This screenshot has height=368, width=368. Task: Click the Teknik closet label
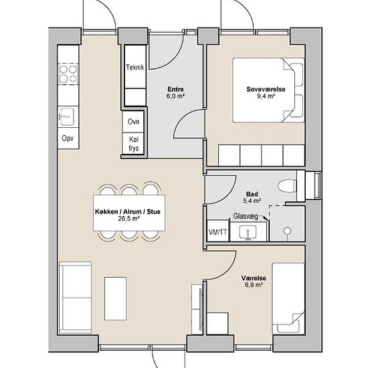click(x=135, y=68)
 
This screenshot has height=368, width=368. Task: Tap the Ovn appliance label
click(x=133, y=122)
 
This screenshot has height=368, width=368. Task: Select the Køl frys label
click(x=134, y=144)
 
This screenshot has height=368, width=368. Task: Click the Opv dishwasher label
click(x=68, y=139)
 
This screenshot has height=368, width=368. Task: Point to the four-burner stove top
click(x=68, y=74)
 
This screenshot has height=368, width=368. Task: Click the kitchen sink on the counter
click(x=67, y=116)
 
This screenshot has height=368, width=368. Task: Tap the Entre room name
click(x=175, y=90)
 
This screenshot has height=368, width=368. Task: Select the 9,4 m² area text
click(x=266, y=96)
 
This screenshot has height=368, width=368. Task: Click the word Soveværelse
click(x=266, y=90)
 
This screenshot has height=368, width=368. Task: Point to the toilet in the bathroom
click(x=287, y=186)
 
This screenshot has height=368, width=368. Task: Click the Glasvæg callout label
click(x=246, y=216)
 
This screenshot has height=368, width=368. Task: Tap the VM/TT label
click(x=218, y=232)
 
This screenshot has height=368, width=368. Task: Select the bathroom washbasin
click(x=248, y=232)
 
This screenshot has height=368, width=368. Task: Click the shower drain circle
click(x=287, y=231)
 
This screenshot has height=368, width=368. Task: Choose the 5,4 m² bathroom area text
click(x=252, y=201)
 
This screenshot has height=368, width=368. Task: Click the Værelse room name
click(x=254, y=278)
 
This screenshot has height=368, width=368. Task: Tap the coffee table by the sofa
click(x=116, y=298)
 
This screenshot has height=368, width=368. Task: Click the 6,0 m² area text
click(x=175, y=96)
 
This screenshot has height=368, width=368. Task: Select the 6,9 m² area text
click(x=254, y=285)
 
